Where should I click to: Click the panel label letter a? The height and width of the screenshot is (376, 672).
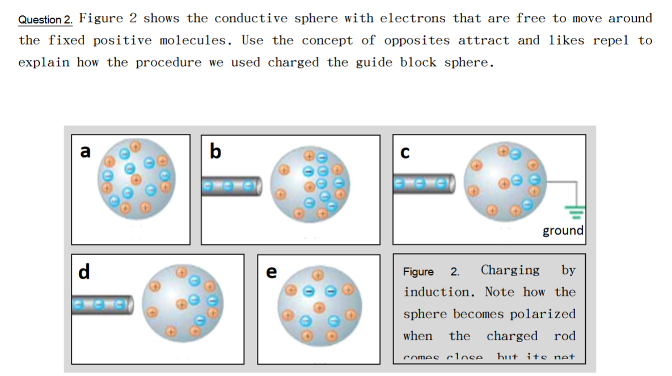tap(85, 151)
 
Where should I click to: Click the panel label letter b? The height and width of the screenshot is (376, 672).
tap(215, 151)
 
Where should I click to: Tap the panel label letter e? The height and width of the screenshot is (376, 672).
tap(272, 272)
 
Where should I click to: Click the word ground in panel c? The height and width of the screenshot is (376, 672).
tap(563, 230)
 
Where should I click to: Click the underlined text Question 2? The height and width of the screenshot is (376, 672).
tap(45, 20)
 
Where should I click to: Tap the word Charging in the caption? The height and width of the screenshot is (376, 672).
tap(510, 270)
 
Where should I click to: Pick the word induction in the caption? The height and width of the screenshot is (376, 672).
tap(437, 292)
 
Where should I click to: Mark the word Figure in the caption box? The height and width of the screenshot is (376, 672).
tap(419, 272)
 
